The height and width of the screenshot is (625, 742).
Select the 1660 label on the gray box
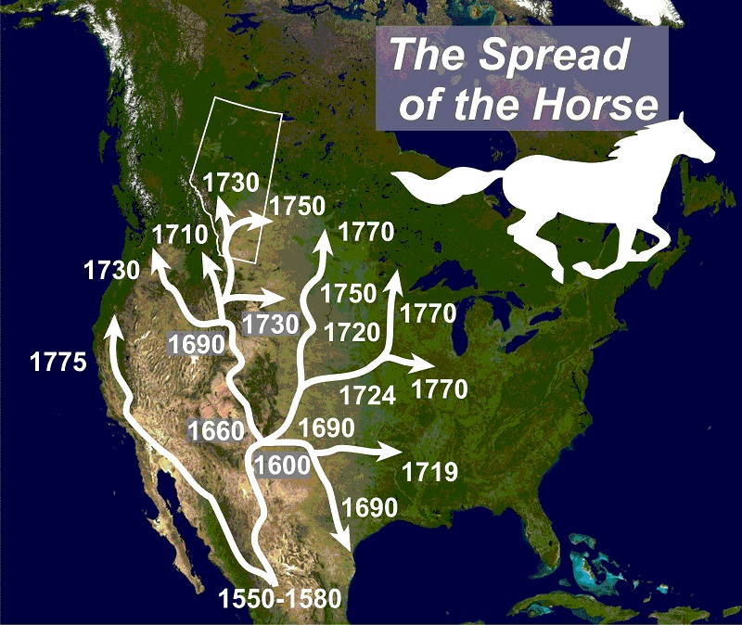pyautogui.click(x=214, y=430)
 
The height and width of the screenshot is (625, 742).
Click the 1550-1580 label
pyautogui.click(x=280, y=600)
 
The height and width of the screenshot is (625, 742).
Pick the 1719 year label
pyautogui.click(x=430, y=474)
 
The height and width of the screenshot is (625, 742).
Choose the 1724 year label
pyautogui.click(x=368, y=396)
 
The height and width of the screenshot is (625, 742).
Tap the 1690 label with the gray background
pyautogui.click(x=197, y=344)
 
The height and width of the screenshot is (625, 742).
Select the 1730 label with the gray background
pyautogui.click(x=269, y=324)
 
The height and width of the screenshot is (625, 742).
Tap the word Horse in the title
pyautogui.click(x=593, y=105)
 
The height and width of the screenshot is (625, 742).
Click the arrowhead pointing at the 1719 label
pyautogui.click(x=390, y=452)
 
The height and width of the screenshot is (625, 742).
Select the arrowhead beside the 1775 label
pyautogui.click(x=113, y=325)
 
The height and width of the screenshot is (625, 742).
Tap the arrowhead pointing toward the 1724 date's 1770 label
pyautogui.click(x=421, y=364)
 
